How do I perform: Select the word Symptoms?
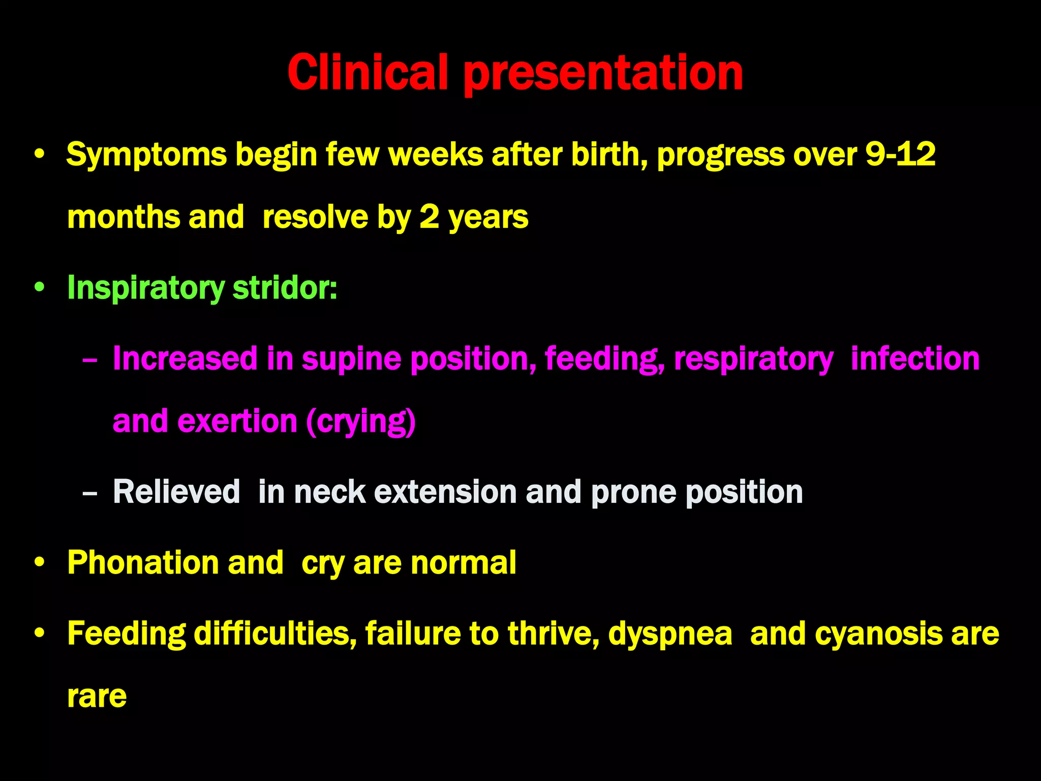(x=146, y=155)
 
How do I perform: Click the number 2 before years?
(x=429, y=217)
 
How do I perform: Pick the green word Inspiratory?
(x=145, y=288)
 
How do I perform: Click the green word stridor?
(x=285, y=288)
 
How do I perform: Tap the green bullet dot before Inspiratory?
(x=40, y=288)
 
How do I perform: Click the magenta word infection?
(x=915, y=358)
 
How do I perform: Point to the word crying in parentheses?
(x=361, y=422)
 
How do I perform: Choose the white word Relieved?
(x=176, y=492)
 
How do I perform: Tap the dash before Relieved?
(x=89, y=493)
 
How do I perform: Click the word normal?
(x=463, y=563)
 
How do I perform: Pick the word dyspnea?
(x=670, y=634)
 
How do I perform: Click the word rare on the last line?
(x=97, y=697)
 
